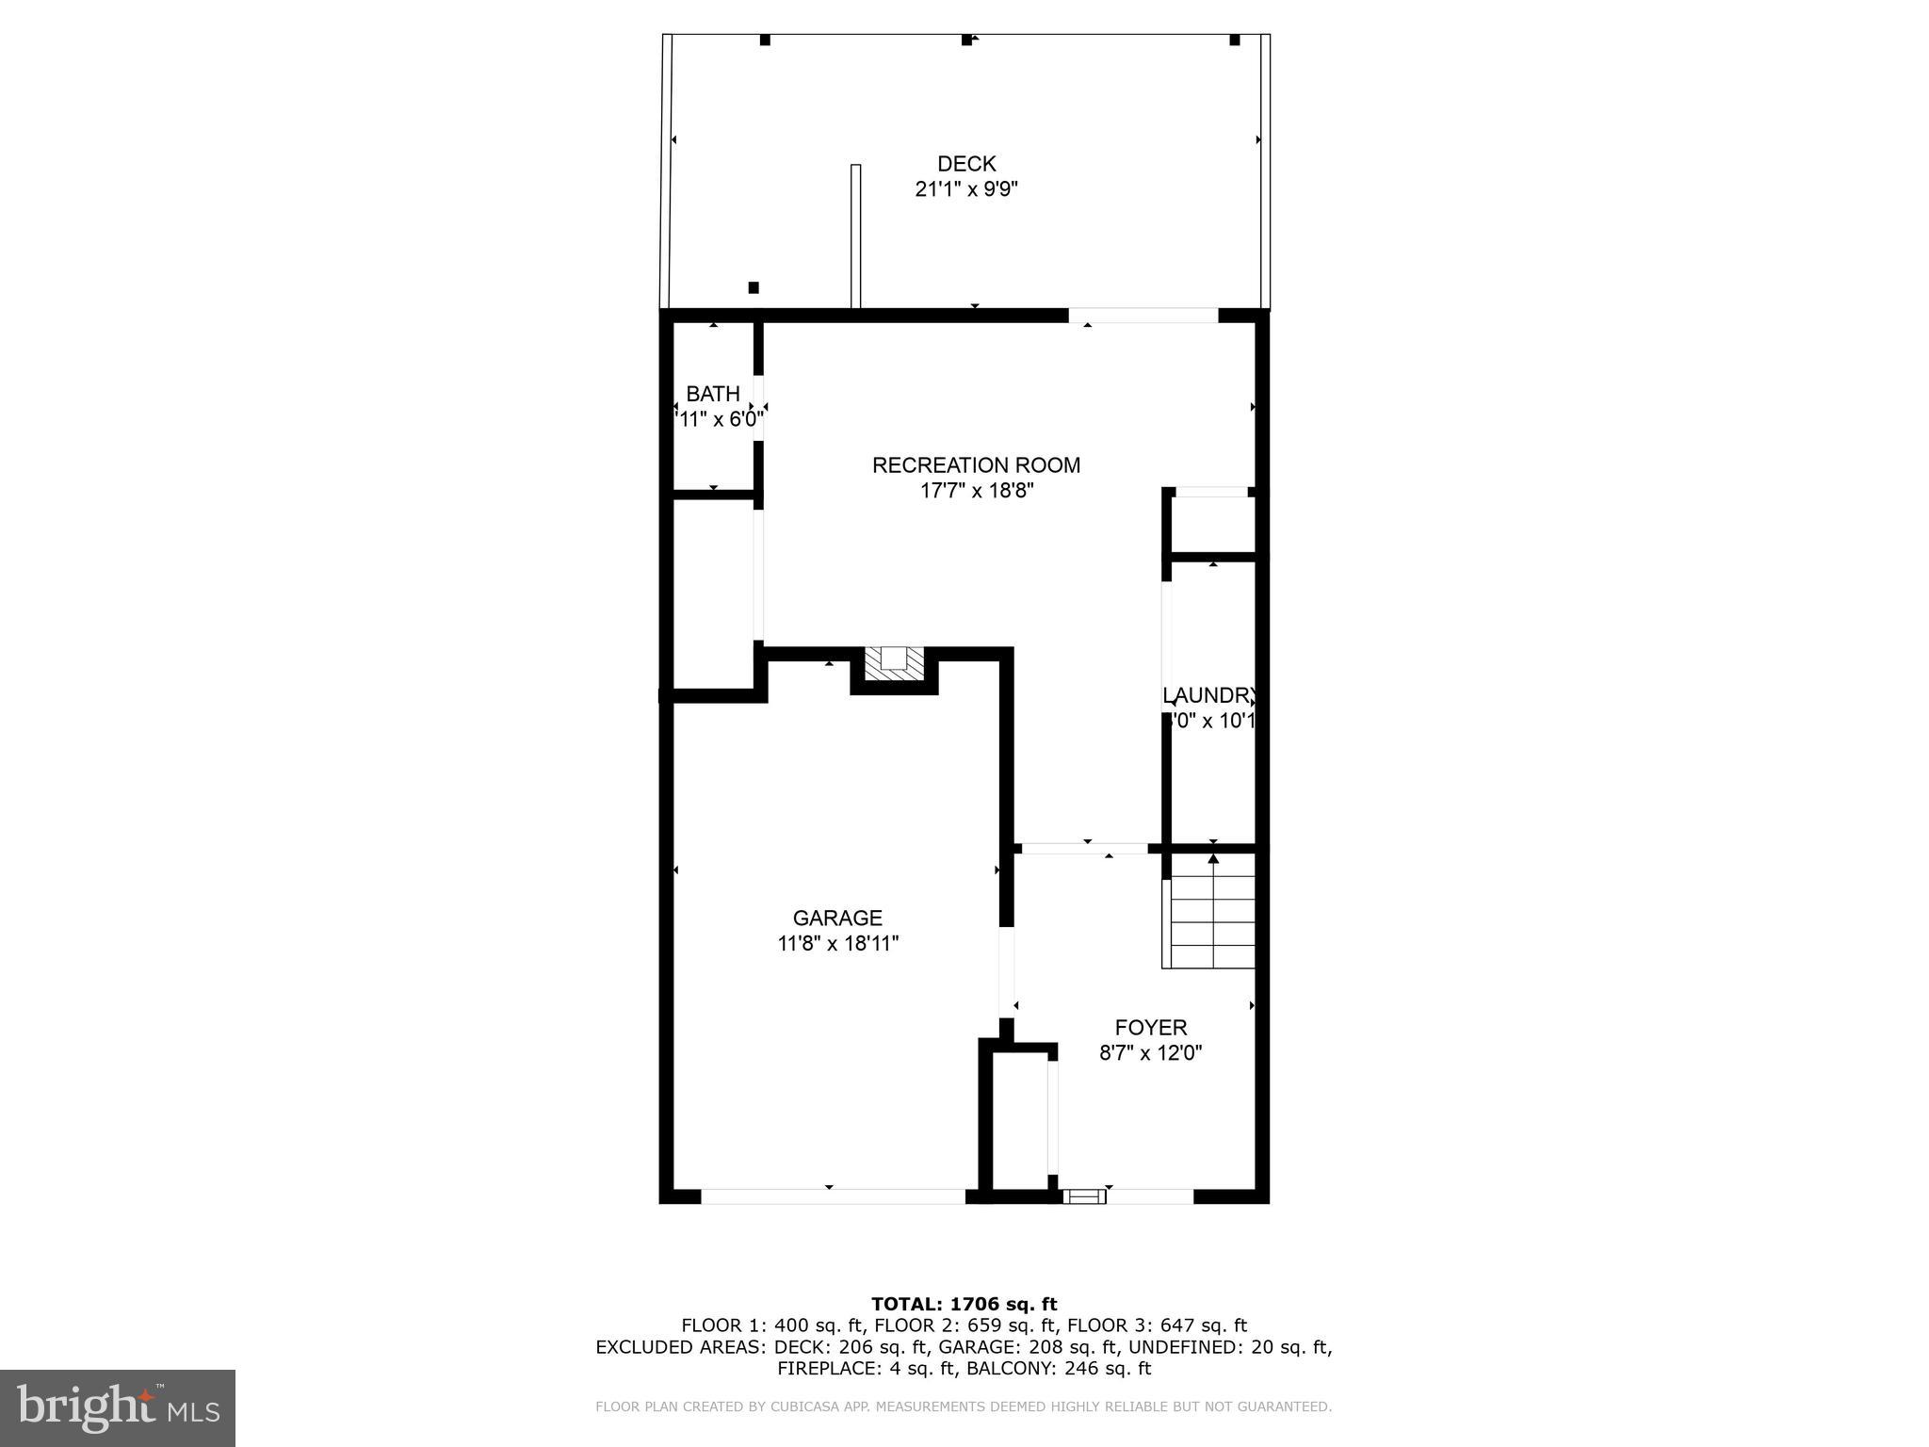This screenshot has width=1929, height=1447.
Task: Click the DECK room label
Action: click(x=966, y=164)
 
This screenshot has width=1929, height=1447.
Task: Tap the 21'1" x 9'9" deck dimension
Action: click(x=966, y=189)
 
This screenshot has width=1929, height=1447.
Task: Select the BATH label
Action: click(x=712, y=394)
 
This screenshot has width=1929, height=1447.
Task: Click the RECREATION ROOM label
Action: click(x=976, y=465)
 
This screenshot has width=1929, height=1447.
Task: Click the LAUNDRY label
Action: click(x=1210, y=696)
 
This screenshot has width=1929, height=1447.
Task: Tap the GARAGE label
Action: click(x=837, y=918)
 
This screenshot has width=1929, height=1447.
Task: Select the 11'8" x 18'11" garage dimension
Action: click(x=838, y=944)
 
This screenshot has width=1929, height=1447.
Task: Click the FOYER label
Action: click(x=1151, y=1027)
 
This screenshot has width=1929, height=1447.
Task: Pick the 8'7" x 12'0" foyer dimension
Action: click(x=1151, y=1053)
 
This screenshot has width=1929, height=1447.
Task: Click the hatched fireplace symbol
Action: click(x=894, y=663)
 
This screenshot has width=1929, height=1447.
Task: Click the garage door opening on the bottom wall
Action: click(x=833, y=1196)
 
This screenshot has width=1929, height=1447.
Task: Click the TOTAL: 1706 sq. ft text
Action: click(x=964, y=1304)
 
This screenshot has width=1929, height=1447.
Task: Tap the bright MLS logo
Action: click(x=118, y=1407)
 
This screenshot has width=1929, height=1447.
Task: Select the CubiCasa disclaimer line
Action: click(x=964, y=1406)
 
